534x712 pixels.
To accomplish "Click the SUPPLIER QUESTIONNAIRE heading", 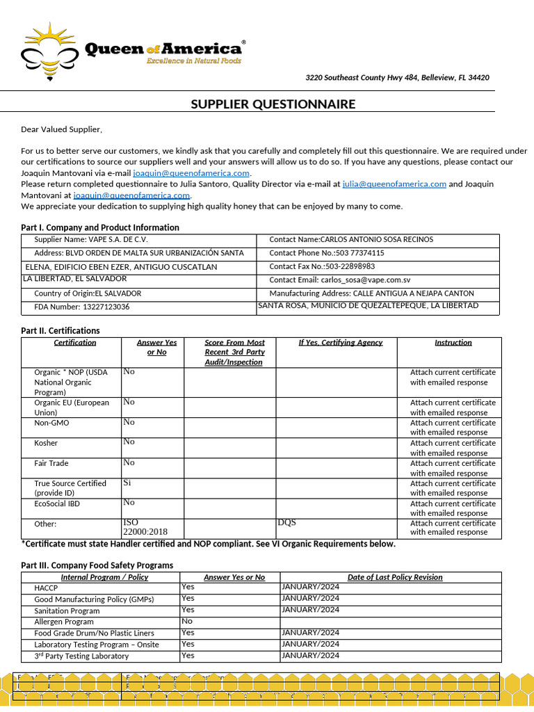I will tap(273, 104).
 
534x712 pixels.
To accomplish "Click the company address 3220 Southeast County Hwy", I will tap(397, 78).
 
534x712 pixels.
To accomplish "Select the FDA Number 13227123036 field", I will tap(82, 307).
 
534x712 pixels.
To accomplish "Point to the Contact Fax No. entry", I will tap(322, 266).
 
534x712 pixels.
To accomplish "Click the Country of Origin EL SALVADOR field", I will tap(88, 293).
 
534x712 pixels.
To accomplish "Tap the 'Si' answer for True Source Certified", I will tap(127, 483).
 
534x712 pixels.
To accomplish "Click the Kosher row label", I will tap(46, 443).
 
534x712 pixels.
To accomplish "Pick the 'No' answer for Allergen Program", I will tap(187, 621).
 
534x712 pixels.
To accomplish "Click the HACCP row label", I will tap(47, 588).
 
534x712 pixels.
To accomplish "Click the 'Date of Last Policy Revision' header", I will tap(395, 577).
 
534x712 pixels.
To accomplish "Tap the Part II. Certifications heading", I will tap(60, 331).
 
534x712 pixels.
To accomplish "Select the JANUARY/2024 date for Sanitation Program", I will tap(310, 610).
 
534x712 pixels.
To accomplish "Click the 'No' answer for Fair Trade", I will tap(129, 462).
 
